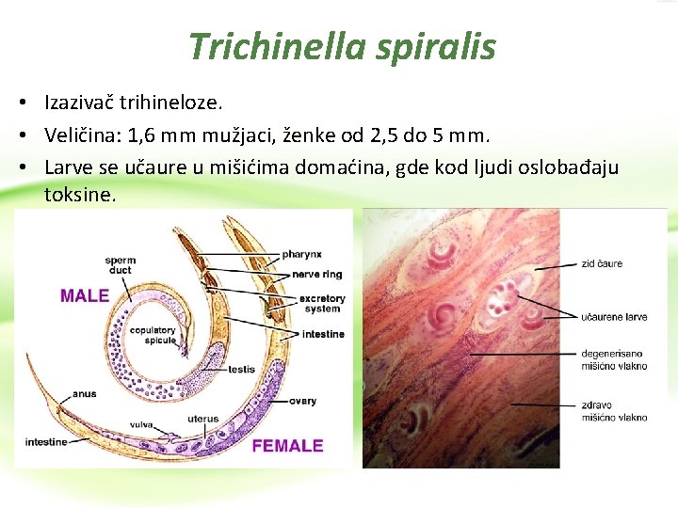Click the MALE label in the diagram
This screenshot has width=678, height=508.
click(x=85, y=295)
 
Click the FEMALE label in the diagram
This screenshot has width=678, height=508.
click(x=287, y=445)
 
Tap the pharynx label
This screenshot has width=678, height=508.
click(x=301, y=254)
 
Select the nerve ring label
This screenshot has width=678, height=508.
click(x=317, y=275)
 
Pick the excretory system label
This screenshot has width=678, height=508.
click(x=322, y=304)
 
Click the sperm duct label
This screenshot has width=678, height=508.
click(x=120, y=265)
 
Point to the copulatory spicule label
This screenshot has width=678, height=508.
click(x=153, y=335)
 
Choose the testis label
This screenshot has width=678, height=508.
click(x=247, y=368)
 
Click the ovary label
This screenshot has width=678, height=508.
click(x=303, y=401)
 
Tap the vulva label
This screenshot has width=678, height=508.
click(x=140, y=424)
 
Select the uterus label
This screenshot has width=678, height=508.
click(x=202, y=419)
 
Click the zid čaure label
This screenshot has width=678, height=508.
click(x=602, y=263)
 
